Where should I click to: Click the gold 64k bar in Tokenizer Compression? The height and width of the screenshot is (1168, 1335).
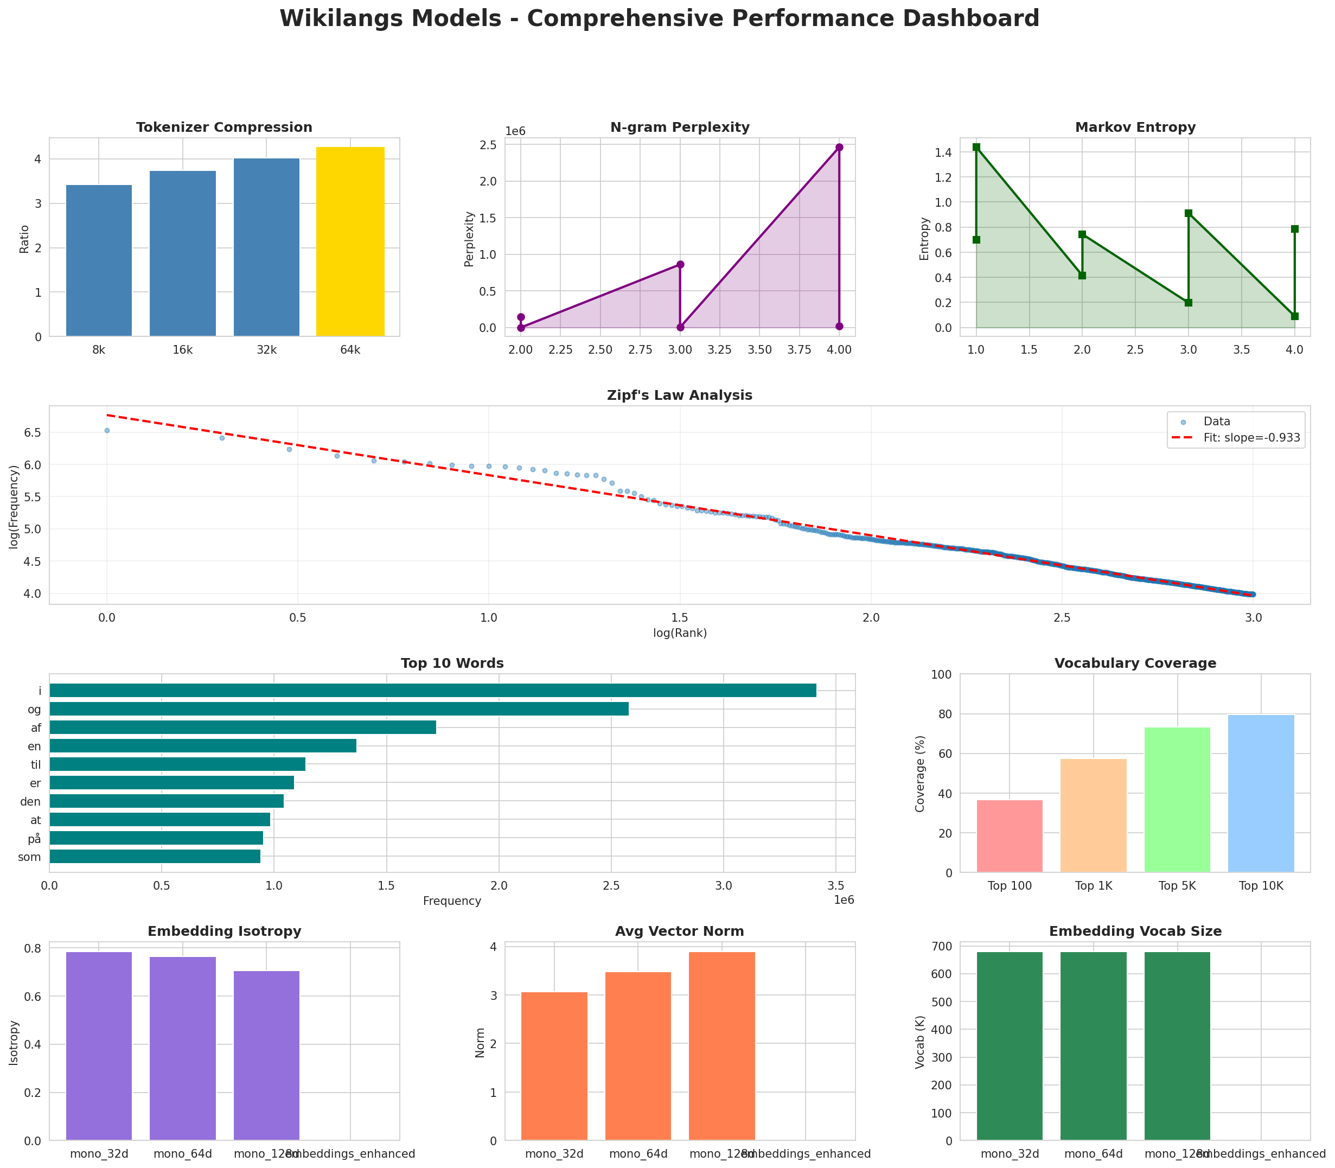[350, 242]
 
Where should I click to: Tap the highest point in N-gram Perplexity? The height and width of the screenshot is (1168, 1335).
[839, 148]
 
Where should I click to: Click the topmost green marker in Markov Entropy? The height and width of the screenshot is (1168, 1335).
[976, 148]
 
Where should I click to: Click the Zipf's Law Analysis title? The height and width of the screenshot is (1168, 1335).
[679, 395]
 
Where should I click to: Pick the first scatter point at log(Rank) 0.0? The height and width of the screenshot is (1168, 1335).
[107, 430]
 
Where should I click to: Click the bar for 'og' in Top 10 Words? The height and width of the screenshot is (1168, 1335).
[339, 709]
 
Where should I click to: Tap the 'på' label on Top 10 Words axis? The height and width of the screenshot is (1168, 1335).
[35, 838]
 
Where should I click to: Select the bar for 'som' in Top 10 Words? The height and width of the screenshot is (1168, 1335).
[155, 857]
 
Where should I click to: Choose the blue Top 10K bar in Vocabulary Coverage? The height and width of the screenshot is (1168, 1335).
[1261, 794]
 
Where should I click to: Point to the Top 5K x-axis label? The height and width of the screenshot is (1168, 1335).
[1177, 886]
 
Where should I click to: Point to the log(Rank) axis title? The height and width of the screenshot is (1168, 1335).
[679, 633]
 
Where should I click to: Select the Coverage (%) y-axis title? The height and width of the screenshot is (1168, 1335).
[921, 773]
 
